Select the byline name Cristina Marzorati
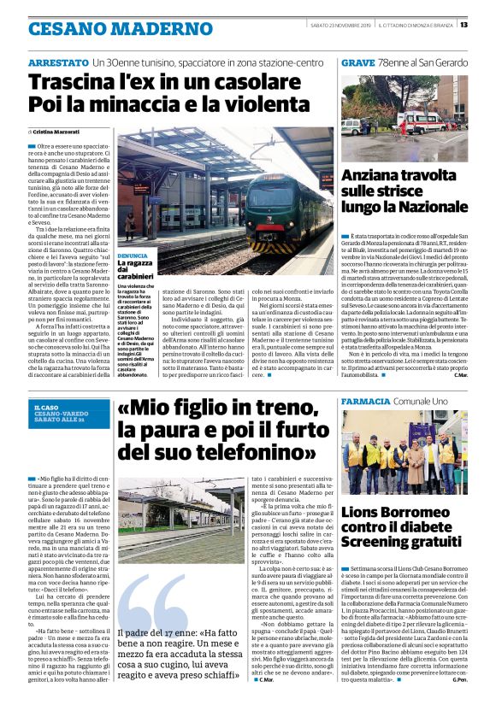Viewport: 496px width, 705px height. point(55,132)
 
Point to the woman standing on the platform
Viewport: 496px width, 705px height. point(130,225)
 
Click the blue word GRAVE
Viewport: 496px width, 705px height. point(357,63)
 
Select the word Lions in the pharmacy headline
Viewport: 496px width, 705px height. point(367,514)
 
